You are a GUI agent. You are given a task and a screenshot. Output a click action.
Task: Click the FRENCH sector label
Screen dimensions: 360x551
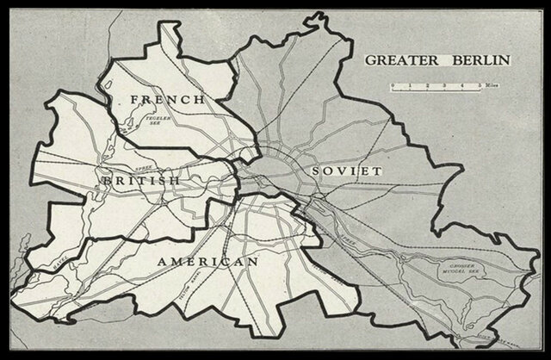167,101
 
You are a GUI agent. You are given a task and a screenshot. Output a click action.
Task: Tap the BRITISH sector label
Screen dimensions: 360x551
140,181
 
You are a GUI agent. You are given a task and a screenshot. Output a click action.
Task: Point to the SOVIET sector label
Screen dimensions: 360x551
347,171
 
